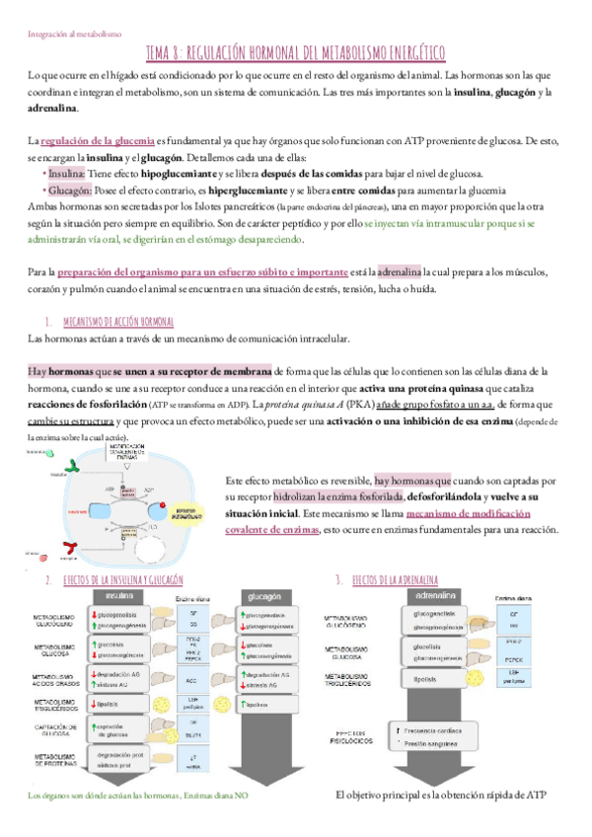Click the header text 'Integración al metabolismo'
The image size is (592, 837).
[74, 33]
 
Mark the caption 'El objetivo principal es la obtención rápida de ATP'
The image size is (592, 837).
[440, 796]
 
